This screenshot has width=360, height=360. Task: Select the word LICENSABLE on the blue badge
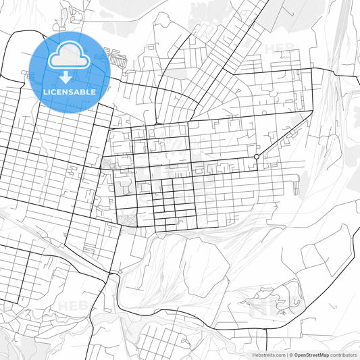[x=70, y=91]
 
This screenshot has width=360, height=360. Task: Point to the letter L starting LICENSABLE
[x=45, y=91]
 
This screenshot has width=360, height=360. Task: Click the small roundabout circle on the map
[x=256, y=157]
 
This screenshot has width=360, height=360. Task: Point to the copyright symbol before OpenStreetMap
[x=291, y=355]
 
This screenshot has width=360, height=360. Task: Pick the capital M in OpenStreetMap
[x=324, y=355]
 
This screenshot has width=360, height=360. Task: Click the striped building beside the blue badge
[x=118, y=59]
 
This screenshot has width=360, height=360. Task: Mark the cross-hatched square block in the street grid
[x=126, y=218]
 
